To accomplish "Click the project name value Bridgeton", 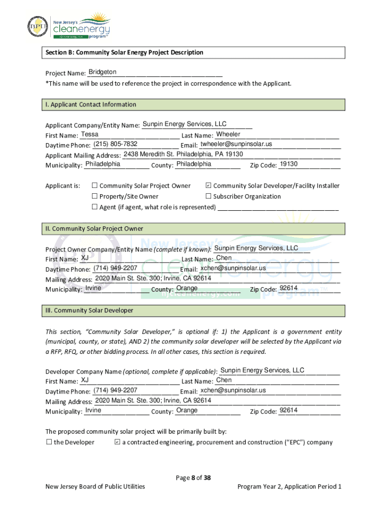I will click(x=102, y=72).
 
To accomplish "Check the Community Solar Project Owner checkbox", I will click(x=94, y=186).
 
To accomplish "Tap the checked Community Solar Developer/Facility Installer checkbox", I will click(x=209, y=186).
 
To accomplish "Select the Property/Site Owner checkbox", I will click(x=94, y=196).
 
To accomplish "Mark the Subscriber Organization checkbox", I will click(x=209, y=196).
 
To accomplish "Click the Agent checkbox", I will click(x=94, y=207).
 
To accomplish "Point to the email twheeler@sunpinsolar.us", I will click(x=236, y=144).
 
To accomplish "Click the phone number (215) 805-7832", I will click(x=115, y=144).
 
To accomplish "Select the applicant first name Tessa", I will click(x=89, y=134).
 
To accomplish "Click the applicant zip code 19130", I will click(x=288, y=164).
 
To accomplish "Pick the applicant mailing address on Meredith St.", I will click(x=183, y=154).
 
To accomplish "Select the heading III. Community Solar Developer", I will click(x=89, y=310).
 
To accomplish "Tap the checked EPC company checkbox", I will click(x=117, y=442).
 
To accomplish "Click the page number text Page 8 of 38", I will click(x=193, y=477).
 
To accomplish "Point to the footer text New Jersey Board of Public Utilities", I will click(x=95, y=486).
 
